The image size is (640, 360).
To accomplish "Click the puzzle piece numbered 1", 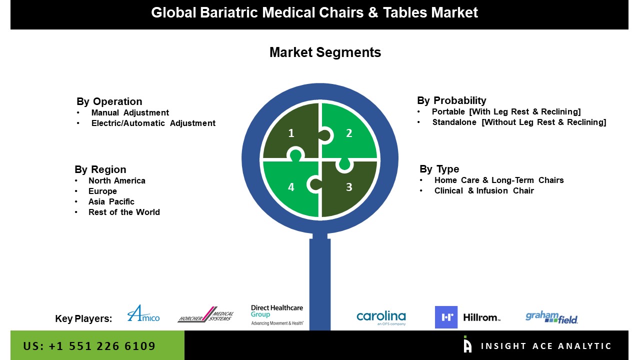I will (290, 131).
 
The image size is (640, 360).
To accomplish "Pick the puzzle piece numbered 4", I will (290, 189).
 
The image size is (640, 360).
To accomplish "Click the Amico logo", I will (143, 313).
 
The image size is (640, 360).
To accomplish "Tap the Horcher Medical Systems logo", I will (205, 314).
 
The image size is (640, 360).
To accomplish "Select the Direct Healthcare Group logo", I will (277, 315).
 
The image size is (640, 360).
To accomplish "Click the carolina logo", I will (381, 317).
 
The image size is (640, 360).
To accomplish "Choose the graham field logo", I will (551, 317).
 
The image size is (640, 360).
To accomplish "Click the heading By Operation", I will (109, 101).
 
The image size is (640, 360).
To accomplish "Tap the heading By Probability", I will (451, 100).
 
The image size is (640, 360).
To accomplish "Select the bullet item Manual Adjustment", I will (130, 113).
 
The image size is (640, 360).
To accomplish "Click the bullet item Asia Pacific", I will (111, 201).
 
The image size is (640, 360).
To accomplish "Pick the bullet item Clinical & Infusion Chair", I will (484, 190).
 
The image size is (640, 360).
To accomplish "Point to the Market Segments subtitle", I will (325, 52).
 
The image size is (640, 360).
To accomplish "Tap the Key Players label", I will (83, 318).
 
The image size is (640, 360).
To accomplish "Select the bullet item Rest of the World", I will (124, 212).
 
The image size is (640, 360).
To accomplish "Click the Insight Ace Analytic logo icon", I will (467, 344).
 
